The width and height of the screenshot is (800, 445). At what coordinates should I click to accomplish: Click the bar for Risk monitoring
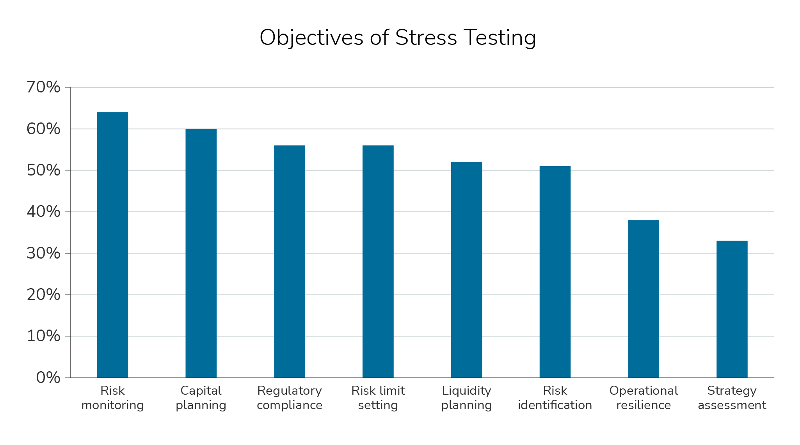click(x=112, y=245)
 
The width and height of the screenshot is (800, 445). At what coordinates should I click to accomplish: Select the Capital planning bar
click(x=201, y=253)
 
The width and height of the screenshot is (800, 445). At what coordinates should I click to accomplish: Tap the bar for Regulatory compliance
click(x=290, y=261)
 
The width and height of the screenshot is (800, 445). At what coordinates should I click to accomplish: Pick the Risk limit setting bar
click(x=378, y=261)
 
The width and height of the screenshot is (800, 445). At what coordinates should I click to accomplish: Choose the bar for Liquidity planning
click(x=466, y=269)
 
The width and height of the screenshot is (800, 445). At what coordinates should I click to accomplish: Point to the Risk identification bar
click(x=555, y=272)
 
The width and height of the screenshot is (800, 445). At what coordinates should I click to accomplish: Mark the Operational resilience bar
click(x=644, y=299)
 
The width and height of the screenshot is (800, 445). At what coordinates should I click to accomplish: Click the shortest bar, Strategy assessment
click(x=732, y=309)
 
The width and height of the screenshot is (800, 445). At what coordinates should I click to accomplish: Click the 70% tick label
click(x=43, y=87)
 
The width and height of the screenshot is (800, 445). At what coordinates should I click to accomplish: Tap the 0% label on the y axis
click(x=48, y=378)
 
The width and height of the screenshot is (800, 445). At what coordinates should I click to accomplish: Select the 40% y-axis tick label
click(x=43, y=212)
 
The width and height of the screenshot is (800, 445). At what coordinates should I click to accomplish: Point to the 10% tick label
click(x=43, y=336)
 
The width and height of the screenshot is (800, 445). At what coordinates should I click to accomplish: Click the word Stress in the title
click(x=426, y=38)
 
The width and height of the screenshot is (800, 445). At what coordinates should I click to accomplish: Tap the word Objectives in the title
click(x=311, y=38)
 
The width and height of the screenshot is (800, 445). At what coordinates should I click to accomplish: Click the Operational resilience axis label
click(x=644, y=398)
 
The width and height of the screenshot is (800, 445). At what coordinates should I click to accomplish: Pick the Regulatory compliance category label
click(x=290, y=398)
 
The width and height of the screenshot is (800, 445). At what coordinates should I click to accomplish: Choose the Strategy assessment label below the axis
click(x=732, y=398)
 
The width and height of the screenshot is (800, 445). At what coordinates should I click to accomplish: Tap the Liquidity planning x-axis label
click(x=466, y=398)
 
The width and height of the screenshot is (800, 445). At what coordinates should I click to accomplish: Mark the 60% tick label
click(x=43, y=129)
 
